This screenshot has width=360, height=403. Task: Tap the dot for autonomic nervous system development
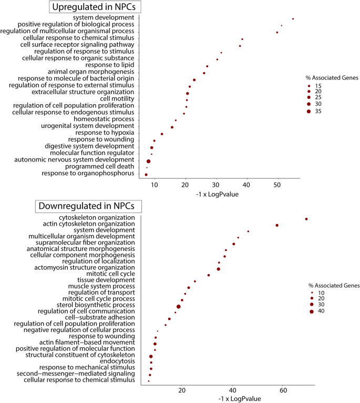coord(149,162)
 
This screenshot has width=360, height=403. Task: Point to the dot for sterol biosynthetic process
coord(179,306)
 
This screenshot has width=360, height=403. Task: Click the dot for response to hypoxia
coord(162,134)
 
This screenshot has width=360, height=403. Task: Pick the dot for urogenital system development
coord(172,127)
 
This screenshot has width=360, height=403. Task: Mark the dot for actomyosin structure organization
coord(219,269)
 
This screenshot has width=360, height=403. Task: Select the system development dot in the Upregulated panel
coord(293,19)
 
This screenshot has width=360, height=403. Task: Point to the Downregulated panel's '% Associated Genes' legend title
coord(334,286)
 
